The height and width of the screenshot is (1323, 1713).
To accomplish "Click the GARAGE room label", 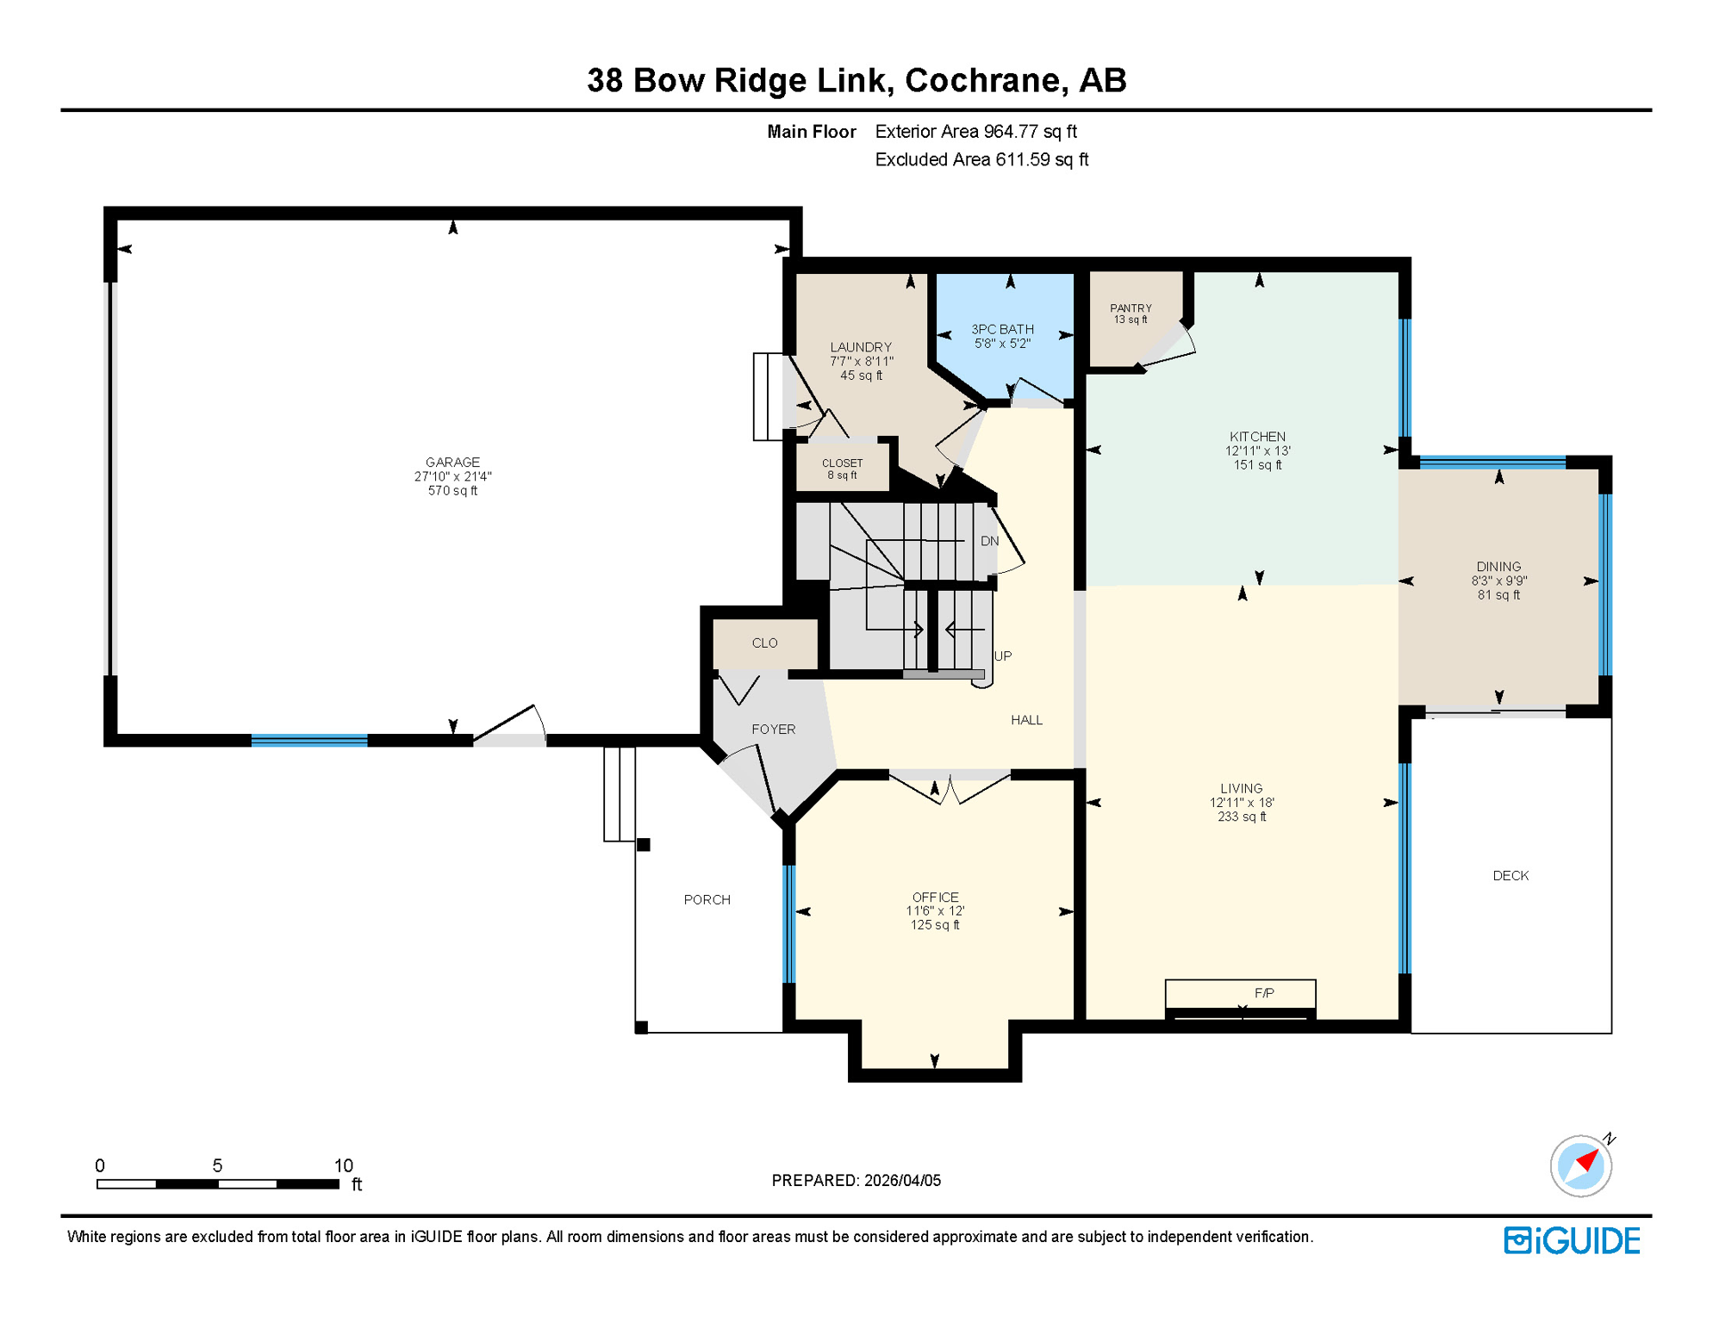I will click(452, 463).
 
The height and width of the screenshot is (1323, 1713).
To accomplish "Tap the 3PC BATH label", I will click(1002, 329).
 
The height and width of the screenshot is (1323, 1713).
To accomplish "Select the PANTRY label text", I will click(1131, 308).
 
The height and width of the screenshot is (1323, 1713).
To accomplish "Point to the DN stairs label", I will click(989, 541).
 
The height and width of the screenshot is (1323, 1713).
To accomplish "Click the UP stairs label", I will click(1003, 656).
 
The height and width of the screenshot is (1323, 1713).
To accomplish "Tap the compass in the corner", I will click(1580, 1165).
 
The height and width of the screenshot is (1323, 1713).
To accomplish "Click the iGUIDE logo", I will click(1572, 1240).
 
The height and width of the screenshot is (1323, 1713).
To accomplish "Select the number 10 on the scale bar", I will click(343, 1165).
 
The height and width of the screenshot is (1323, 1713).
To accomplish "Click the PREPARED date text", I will click(856, 1180).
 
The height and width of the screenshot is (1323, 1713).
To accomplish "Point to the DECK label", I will click(1510, 876).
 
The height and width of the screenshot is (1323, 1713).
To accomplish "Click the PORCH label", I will click(707, 900).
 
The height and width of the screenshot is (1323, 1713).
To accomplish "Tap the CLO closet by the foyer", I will click(764, 643).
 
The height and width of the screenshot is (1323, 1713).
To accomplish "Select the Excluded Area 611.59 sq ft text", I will click(981, 159).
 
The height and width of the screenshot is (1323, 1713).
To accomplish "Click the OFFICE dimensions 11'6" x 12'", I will click(935, 910).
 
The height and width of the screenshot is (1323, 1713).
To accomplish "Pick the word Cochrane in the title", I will click(982, 80).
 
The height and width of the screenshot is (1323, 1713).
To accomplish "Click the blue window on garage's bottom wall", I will click(309, 740).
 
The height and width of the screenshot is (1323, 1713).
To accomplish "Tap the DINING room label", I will click(1498, 567).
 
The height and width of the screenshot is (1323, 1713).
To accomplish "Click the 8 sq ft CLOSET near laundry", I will click(842, 469).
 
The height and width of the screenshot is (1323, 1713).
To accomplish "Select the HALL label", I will click(1026, 720).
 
